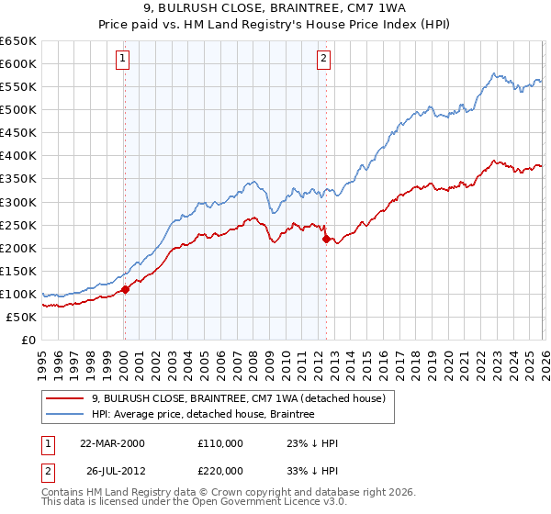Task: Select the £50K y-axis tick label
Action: [x=21, y=317]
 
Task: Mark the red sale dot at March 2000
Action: [x=126, y=289]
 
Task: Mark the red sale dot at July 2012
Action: [x=326, y=239]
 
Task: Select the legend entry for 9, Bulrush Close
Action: [x=243, y=397]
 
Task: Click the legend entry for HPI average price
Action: [x=202, y=414]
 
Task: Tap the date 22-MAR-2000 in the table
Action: [x=112, y=443]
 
